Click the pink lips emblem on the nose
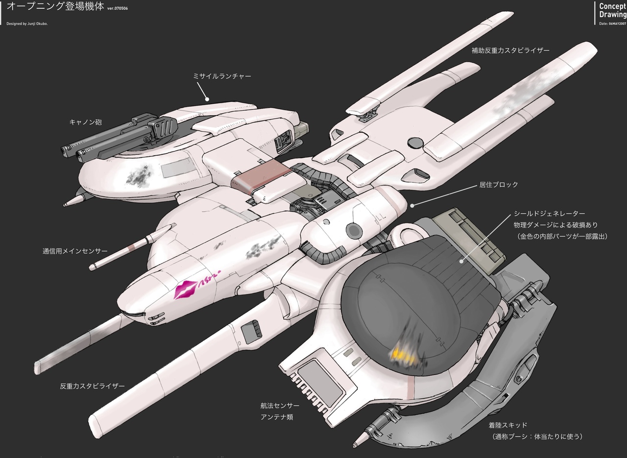pos(185,289)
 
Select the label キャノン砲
pos(85,122)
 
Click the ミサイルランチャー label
pos(222,76)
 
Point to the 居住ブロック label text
pos(499,185)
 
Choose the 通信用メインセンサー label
pos(75,251)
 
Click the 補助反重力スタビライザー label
pos(510,50)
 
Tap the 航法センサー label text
pos(280,406)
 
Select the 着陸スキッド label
pos(508,425)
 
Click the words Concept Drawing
pos(612,10)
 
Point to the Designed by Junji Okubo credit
pos(27,24)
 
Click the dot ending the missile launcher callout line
pos(207,99)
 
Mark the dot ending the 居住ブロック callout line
pos(412,206)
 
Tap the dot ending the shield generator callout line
pos(461,261)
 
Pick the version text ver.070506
pos(118,8)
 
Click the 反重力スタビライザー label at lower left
pos(92,386)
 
